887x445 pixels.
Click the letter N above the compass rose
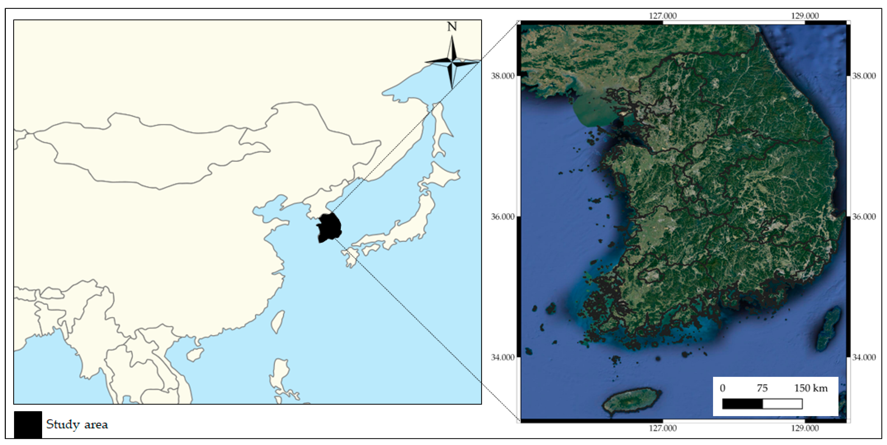tap(452, 26)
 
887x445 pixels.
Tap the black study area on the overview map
tap(329, 227)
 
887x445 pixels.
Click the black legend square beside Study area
tap(28, 424)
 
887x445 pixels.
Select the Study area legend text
tap(77, 424)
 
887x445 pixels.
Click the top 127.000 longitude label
tap(662, 16)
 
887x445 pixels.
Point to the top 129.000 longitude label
tap(805, 16)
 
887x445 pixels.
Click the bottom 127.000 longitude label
tap(662, 428)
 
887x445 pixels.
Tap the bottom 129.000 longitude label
tap(805, 428)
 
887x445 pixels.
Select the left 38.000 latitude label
tap(502, 76)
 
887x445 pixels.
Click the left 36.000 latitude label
tap(502, 217)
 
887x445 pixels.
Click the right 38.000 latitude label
tap(864, 76)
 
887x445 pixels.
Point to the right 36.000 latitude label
tap(864, 217)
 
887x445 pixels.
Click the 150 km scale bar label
tap(810, 388)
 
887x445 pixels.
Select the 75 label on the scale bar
tap(762, 388)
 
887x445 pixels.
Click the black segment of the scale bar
tap(742, 404)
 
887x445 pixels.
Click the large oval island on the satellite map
tap(631, 401)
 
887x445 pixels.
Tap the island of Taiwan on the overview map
tap(277, 321)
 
